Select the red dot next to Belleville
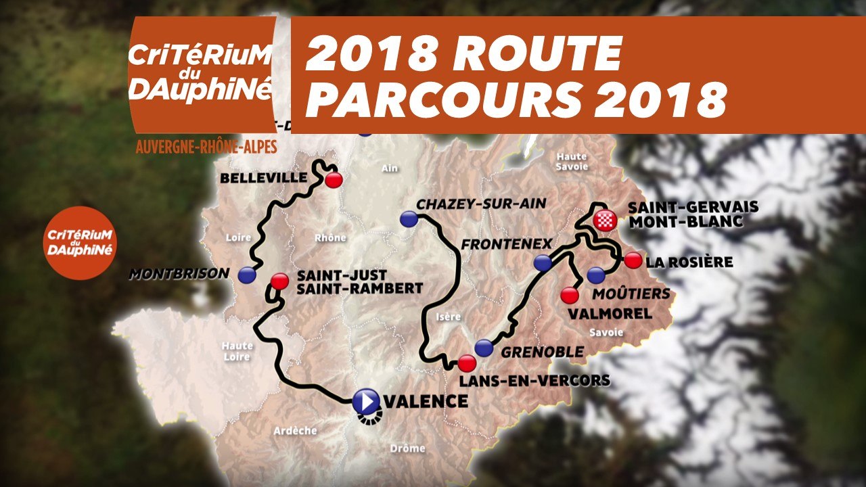(x=334, y=180)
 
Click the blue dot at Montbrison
(x=247, y=275)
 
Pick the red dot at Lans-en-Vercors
(x=466, y=363)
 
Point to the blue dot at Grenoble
(x=484, y=348)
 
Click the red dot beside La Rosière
(x=633, y=260)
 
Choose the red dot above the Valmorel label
(x=570, y=296)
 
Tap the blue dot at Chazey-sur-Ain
(x=409, y=218)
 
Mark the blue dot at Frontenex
(x=542, y=264)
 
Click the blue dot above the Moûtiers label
(x=595, y=275)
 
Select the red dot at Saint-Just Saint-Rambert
(x=279, y=281)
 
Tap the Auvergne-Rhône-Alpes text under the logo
(x=206, y=147)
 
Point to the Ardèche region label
(x=295, y=431)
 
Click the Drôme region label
(x=407, y=448)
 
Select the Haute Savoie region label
(x=572, y=162)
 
